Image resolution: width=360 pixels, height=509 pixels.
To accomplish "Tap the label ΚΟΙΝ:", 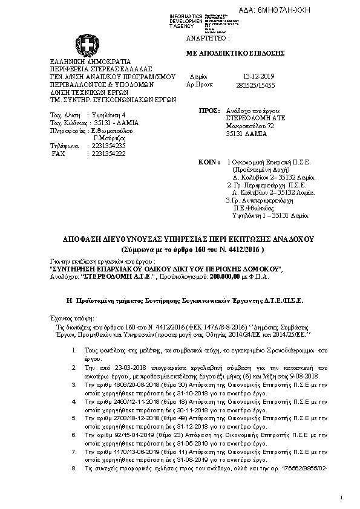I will pyautogui.click(x=208, y=163).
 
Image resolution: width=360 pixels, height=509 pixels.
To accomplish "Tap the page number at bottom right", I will pyautogui.click(x=341, y=497).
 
